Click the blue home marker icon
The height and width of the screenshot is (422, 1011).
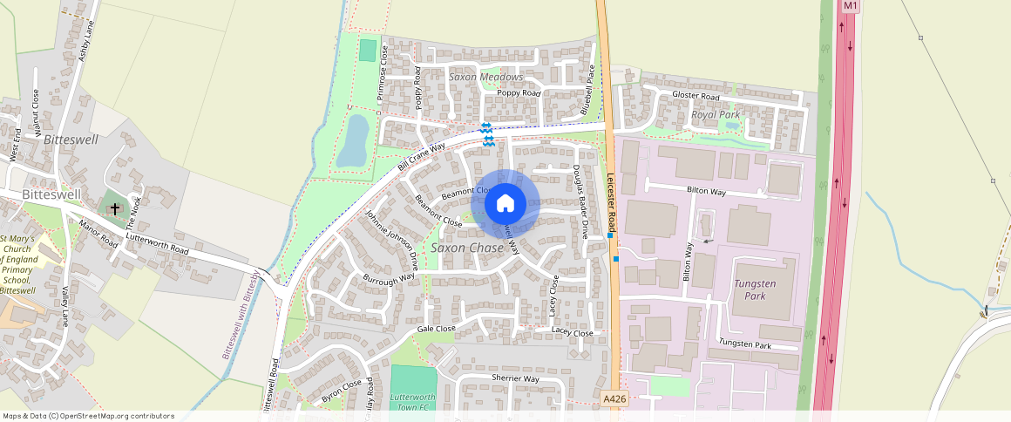(505, 203)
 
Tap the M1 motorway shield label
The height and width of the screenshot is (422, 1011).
(851, 6)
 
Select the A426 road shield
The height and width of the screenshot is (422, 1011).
(614, 398)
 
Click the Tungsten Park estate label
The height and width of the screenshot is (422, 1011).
(754, 289)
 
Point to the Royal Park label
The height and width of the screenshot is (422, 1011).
(715, 114)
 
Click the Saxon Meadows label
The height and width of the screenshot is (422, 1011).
(485, 77)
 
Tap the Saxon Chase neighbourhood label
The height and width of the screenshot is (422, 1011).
(466, 248)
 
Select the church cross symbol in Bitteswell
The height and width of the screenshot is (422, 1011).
(114, 208)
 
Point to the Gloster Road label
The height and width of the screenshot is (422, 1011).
(695, 96)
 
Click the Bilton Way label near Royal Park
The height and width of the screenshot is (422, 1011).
(706, 190)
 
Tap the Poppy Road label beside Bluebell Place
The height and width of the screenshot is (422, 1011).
(519, 93)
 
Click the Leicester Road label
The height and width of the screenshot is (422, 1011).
(612, 201)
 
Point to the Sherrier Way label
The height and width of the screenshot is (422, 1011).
(516, 379)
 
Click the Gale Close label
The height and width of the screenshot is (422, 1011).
(436, 329)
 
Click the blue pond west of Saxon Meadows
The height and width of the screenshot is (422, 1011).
(352, 141)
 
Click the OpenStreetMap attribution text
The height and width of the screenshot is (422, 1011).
(88, 416)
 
